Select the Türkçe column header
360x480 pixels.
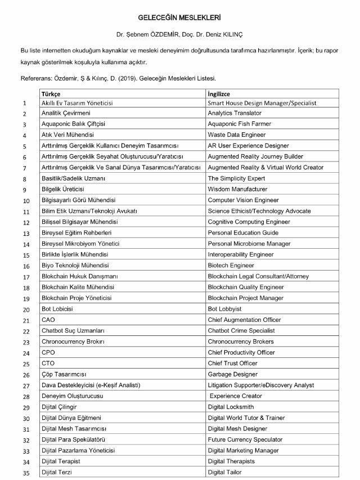click(51, 93)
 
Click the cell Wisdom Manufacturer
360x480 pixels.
click(237, 189)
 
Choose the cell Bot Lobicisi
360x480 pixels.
click(57, 309)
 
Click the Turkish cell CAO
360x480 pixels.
click(48, 320)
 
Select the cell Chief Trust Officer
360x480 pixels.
click(232, 363)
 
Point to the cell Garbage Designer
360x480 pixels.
click(233, 374)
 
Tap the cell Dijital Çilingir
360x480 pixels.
click(59, 407)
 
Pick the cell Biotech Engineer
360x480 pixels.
click(231, 265)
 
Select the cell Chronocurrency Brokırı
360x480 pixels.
click(73, 342)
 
